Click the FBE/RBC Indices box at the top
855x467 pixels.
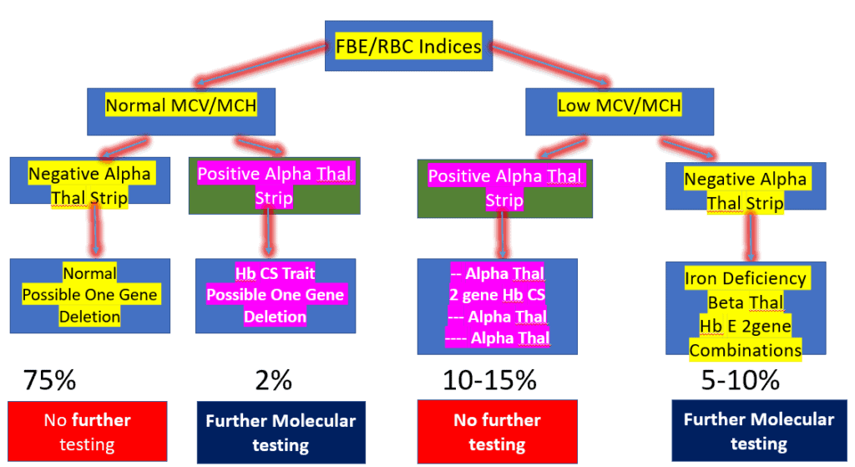point(408,46)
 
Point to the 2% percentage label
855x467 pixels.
point(273,381)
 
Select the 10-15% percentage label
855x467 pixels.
point(489,381)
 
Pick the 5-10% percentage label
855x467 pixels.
point(741,381)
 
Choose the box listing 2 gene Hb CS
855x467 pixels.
point(498,306)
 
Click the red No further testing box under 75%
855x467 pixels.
point(87,432)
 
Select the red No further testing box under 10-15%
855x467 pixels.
point(498,432)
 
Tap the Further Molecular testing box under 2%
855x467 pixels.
point(281,432)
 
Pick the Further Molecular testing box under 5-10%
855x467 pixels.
point(758,432)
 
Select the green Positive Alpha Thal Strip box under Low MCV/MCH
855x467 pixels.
point(498,189)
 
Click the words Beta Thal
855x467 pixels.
point(746,302)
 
